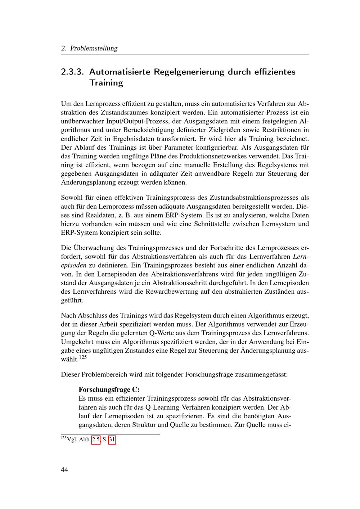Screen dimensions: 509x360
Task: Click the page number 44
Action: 64,469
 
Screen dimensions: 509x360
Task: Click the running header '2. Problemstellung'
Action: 89,48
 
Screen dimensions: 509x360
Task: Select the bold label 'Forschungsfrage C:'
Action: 109,390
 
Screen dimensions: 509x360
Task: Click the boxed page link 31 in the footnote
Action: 112,440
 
